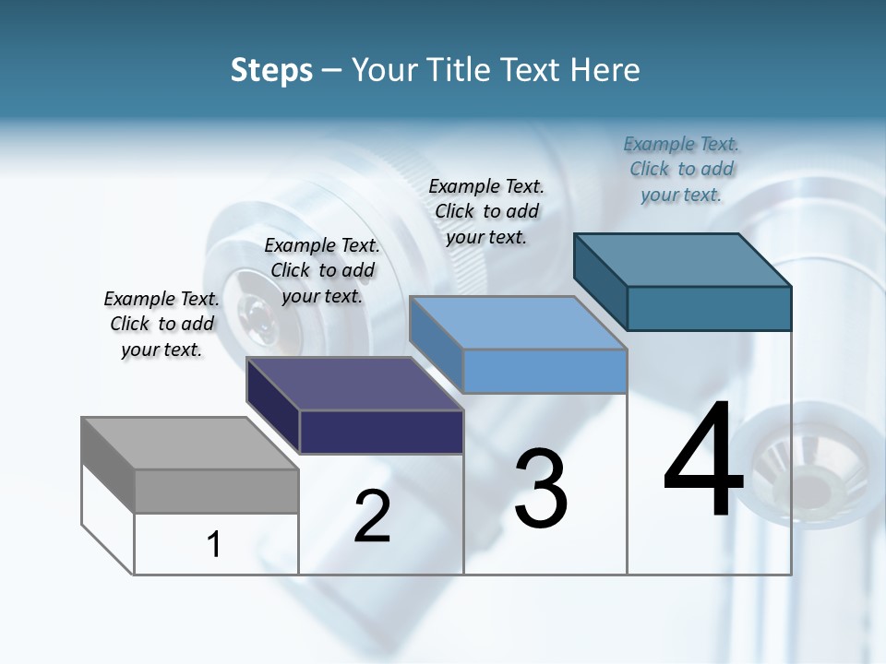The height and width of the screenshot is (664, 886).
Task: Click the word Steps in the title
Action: click(x=271, y=70)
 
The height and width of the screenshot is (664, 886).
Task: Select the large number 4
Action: click(x=703, y=461)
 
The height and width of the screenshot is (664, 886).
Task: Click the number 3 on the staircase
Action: click(x=541, y=489)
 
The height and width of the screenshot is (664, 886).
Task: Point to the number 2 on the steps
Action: click(x=372, y=516)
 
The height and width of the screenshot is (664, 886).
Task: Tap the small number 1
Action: click(x=214, y=544)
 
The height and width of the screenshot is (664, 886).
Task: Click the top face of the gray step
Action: click(x=189, y=444)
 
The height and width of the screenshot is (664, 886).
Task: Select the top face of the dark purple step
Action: click(x=354, y=384)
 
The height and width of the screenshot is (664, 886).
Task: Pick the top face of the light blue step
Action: click(x=518, y=323)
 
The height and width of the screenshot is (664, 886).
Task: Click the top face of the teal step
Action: click(x=683, y=260)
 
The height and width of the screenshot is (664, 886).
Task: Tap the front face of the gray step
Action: click(x=216, y=491)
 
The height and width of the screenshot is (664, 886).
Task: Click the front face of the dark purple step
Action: click(x=381, y=432)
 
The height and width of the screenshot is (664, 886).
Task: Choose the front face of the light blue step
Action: click(x=545, y=371)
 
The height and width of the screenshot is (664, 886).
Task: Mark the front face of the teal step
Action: click(x=709, y=308)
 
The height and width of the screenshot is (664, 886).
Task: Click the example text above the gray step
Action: click(x=162, y=324)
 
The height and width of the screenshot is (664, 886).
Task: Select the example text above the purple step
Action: click(x=322, y=270)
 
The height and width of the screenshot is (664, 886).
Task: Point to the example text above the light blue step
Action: click(x=486, y=211)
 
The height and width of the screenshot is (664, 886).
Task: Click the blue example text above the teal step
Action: click(x=681, y=169)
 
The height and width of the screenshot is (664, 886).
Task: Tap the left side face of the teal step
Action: click(x=601, y=281)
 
